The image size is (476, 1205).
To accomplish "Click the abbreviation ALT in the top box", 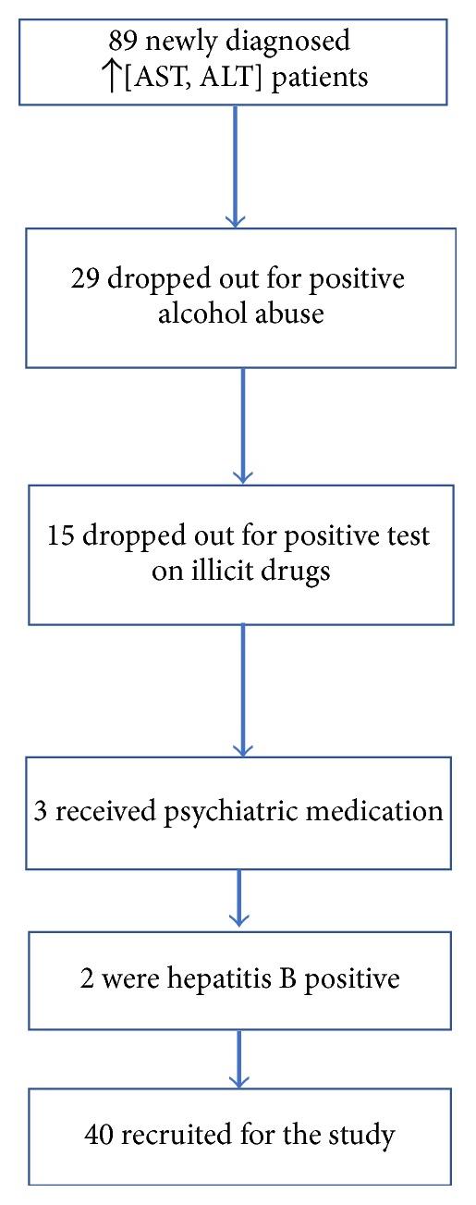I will (x=244, y=77).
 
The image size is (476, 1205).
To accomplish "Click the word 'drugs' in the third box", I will (x=292, y=571).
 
